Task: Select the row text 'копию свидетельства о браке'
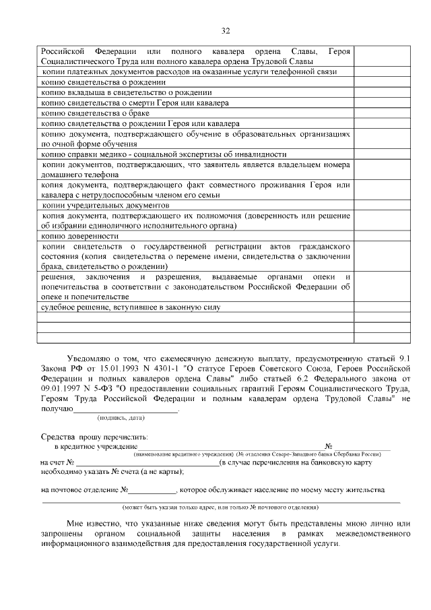(x=84, y=113)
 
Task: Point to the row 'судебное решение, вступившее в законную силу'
(x=131, y=307)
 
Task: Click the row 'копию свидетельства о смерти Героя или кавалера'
(x=135, y=103)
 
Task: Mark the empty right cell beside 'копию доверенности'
(x=381, y=236)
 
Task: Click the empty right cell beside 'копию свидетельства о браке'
(x=381, y=113)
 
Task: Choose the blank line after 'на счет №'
(x=147, y=464)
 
